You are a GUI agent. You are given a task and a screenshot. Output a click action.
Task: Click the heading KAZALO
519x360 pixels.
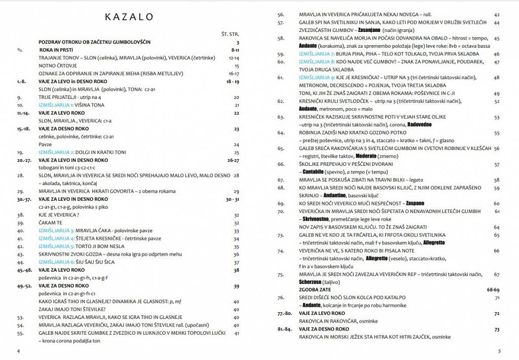129,17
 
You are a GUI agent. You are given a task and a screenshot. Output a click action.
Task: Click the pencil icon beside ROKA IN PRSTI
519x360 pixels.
20,50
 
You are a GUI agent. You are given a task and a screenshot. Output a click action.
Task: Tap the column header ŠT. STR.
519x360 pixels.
231,34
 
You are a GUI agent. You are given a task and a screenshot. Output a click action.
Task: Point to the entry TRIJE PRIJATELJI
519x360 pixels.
60,97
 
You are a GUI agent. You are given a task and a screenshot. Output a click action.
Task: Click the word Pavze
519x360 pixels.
46,145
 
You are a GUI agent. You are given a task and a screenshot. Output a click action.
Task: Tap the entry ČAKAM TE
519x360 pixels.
51,223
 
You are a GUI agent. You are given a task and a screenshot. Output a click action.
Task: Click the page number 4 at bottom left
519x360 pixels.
19,351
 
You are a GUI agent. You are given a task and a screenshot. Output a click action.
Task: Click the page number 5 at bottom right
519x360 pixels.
499,351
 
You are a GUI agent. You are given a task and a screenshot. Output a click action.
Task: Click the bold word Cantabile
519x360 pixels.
316,172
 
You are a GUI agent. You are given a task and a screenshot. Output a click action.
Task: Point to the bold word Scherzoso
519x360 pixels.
315,282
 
